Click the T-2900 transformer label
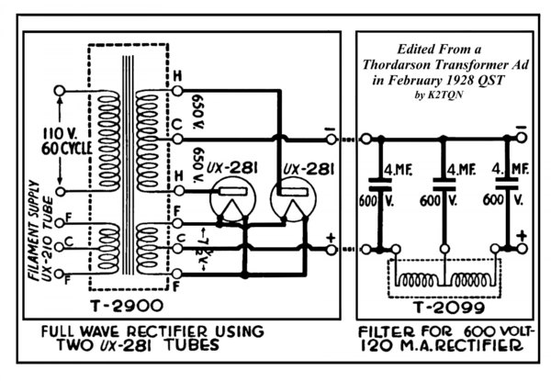(x=127, y=306)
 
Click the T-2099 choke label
(x=449, y=308)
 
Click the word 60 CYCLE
(x=67, y=149)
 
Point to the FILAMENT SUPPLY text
(x=34, y=230)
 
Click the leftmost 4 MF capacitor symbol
(x=379, y=185)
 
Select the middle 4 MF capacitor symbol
(x=444, y=185)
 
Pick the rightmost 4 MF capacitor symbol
(x=506, y=185)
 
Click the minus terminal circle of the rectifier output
(x=331, y=140)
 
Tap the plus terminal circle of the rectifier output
(x=331, y=250)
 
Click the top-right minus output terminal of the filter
(x=522, y=138)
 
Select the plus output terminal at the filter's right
(x=522, y=249)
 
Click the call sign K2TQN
(x=445, y=95)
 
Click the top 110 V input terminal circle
(x=60, y=91)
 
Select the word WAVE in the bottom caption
(x=101, y=331)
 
